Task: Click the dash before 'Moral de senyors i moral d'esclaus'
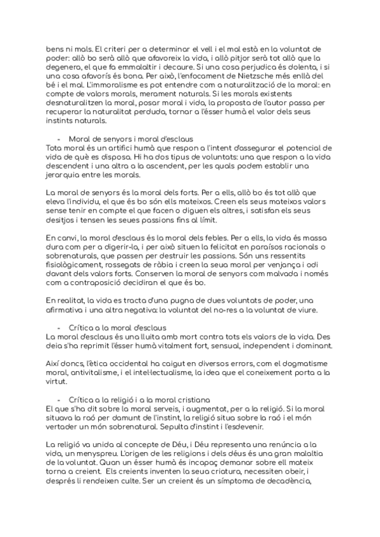pos(59,139)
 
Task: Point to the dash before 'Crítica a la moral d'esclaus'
pos(59,327)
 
